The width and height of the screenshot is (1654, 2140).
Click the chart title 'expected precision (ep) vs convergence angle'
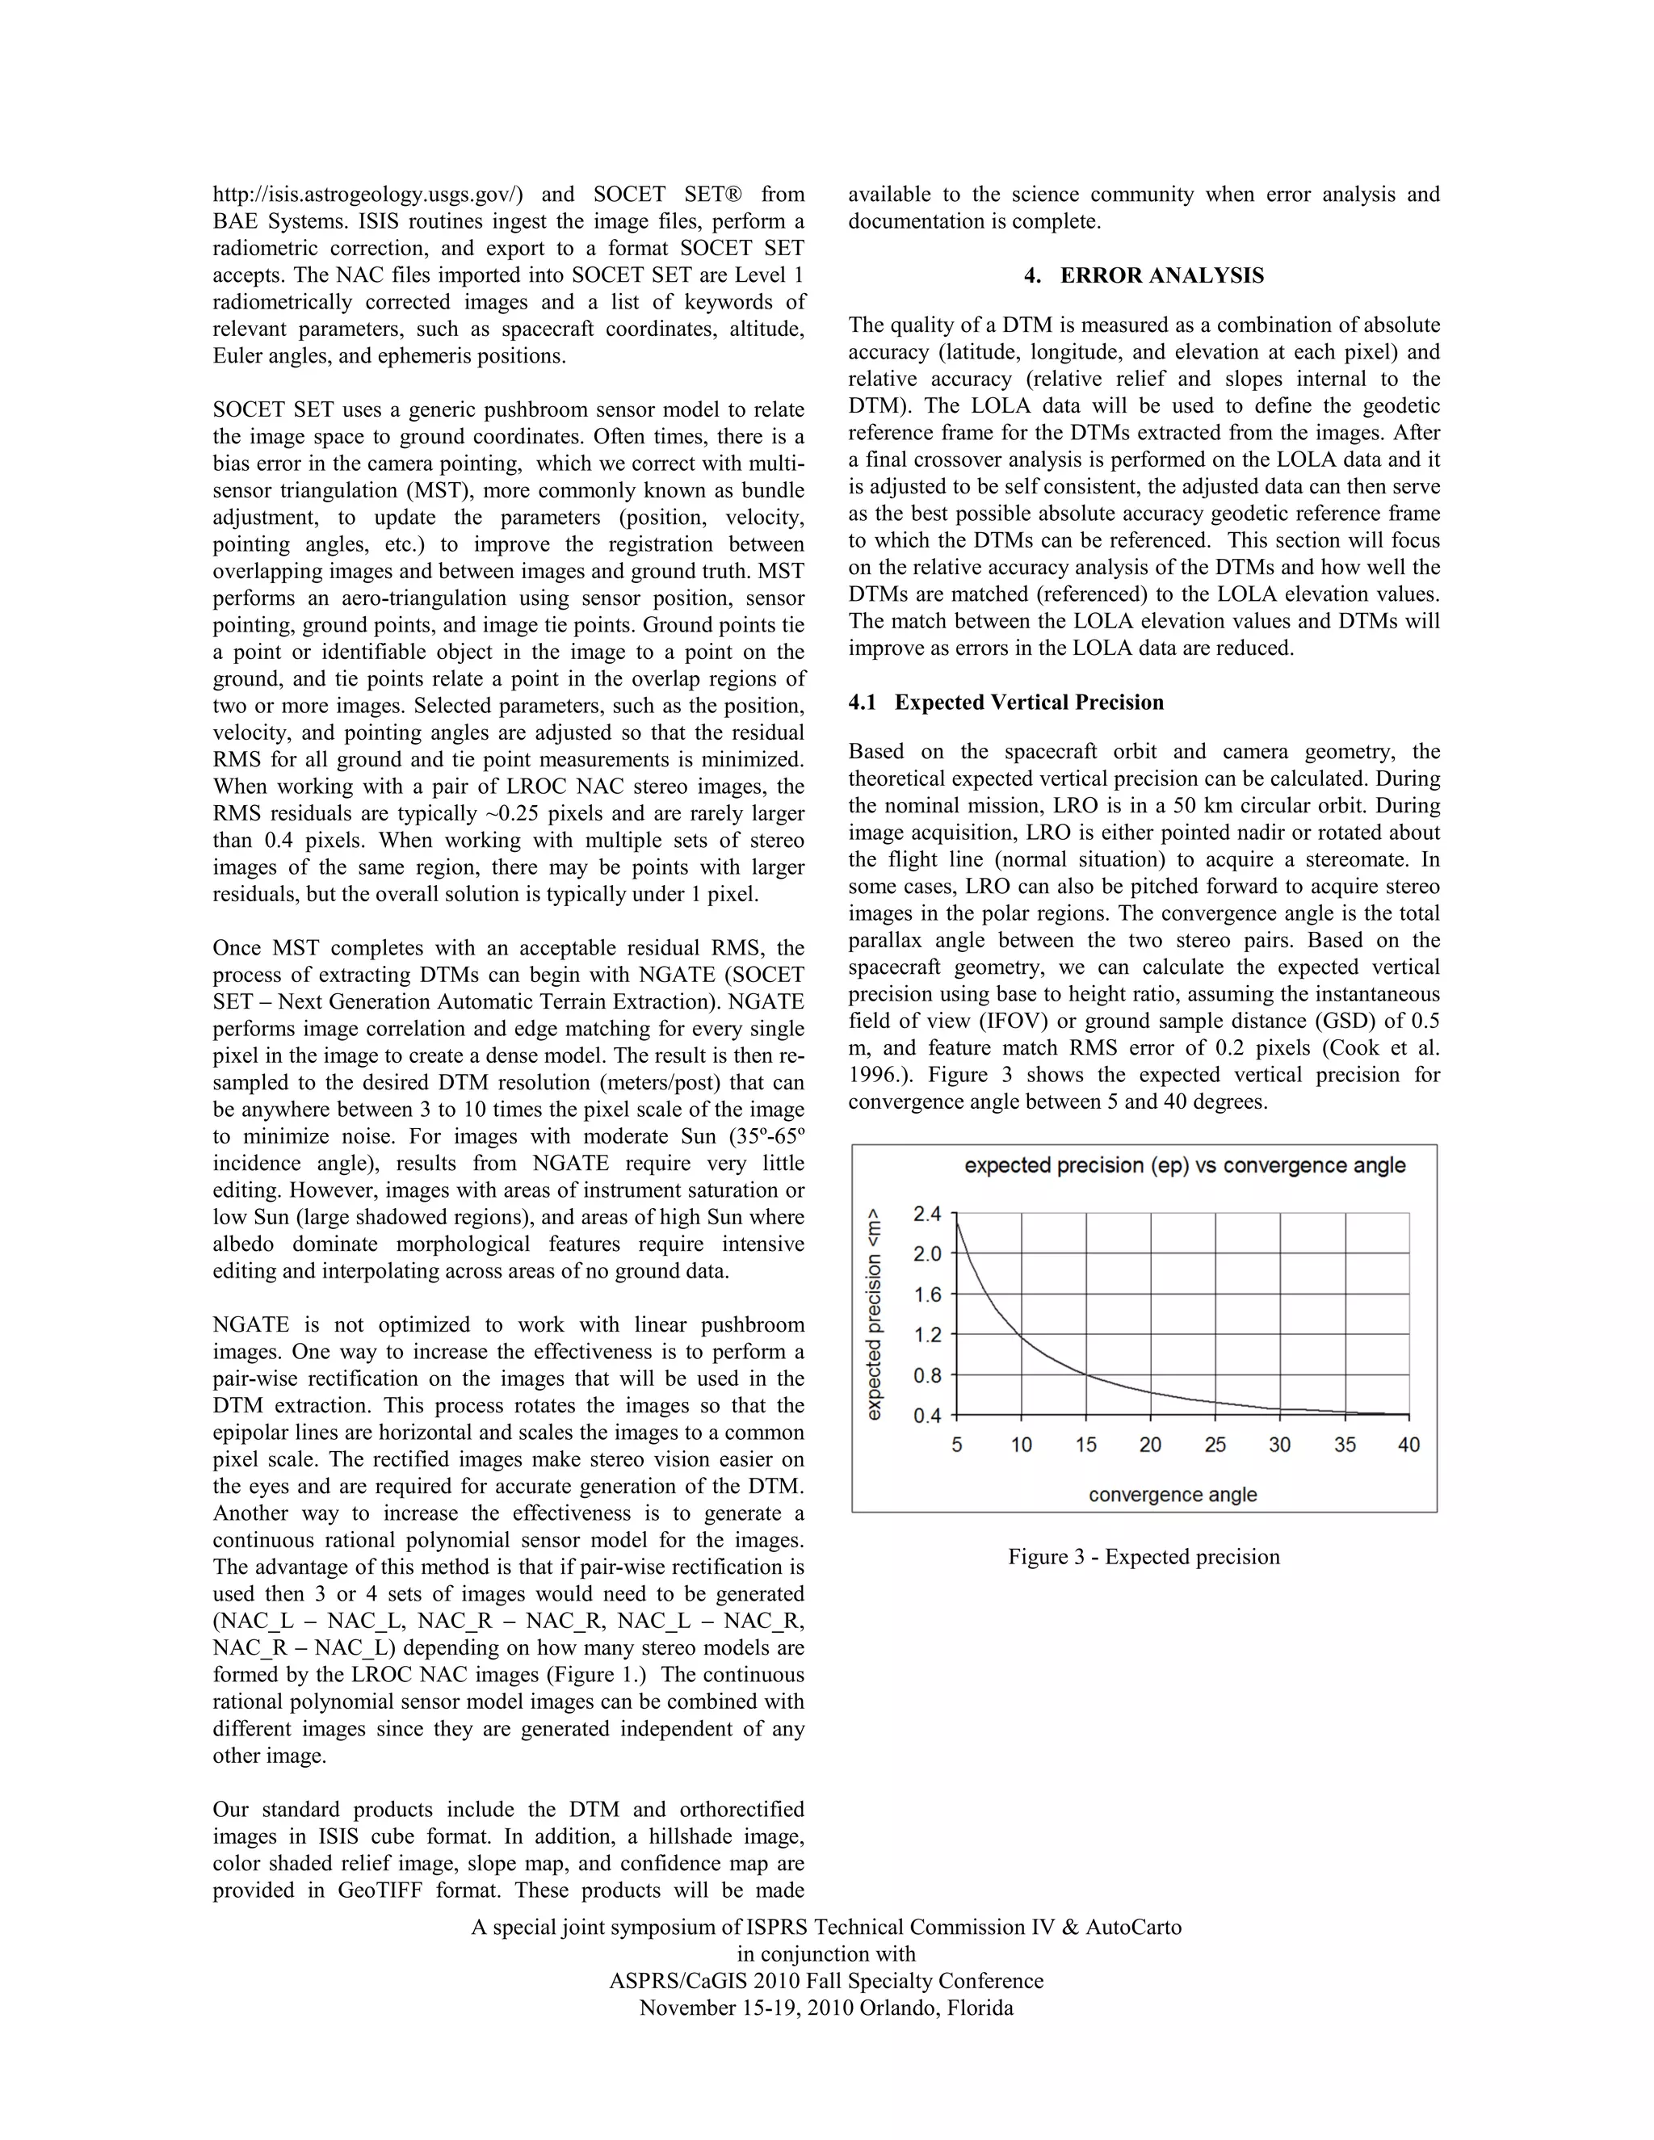(x=1185, y=1165)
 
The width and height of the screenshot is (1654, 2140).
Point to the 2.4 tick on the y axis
(x=927, y=1214)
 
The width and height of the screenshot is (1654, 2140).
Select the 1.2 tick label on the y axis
(x=927, y=1335)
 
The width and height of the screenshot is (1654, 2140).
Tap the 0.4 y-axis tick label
(x=927, y=1416)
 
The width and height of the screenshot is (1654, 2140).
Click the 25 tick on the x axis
(x=1215, y=1445)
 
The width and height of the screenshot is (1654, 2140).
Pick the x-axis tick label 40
(x=1408, y=1445)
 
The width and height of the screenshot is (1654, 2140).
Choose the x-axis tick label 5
(x=956, y=1445)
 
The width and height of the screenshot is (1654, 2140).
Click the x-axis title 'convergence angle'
(x=1173, y=1494)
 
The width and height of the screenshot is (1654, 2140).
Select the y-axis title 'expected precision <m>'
(x=875, y=1313)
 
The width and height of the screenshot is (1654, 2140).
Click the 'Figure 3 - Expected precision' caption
(x=1144, y=1557)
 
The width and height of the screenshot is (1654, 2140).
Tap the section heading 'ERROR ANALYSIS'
(x=1161, y=275)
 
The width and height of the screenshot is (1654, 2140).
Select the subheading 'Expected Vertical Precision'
(x=1029, y=703)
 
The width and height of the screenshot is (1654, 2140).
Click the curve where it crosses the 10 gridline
(x=1021, y=1336)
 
